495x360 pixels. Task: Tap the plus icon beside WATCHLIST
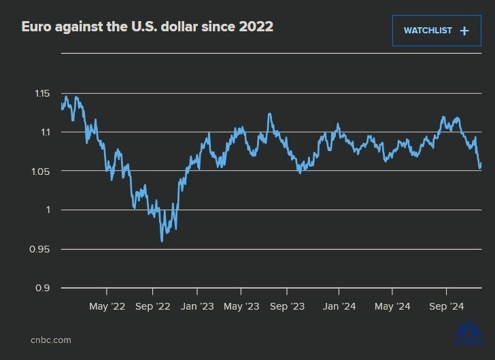click(464, 31)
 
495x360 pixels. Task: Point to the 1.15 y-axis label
click(42, 93)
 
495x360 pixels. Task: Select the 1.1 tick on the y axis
click(46, 132)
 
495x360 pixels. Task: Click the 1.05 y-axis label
click(42, 171)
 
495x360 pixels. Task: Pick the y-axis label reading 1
click(49, 210)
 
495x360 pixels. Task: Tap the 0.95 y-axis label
click(42, 249)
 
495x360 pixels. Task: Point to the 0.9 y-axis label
click(45, 288)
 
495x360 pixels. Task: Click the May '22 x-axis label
click(107, 307)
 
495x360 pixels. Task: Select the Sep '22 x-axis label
click(153, 307)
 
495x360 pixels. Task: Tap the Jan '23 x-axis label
click(198, 307)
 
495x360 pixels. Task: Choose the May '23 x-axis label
click(241, 307)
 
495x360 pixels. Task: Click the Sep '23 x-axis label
click(288, 307)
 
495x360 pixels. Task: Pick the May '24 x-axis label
click(393, 307)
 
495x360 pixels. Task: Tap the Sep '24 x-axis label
click(447, 307)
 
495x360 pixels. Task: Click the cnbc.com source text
click(50, 340)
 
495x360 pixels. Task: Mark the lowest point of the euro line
click(162, 241)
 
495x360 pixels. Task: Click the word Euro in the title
click(35, 27)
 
